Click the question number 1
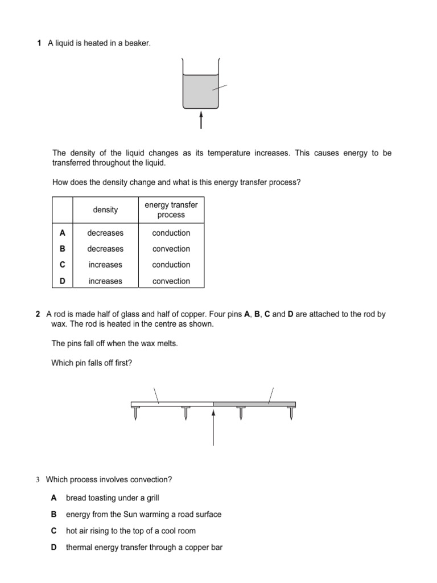(x=39, y=43)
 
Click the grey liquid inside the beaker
(x=200, y=91)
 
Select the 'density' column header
(x=105, y=210)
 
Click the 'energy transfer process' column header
(x=171, y=210)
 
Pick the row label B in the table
(x=63, y=249)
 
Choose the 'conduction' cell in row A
(x=171, y=233)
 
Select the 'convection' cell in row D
(x=171, y=281)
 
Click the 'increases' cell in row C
(x=105, y=265)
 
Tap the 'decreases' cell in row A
(x=105, y=233)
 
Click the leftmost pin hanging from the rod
(x=135, y=414)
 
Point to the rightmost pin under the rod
(x=291, y=414)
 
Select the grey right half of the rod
(x=254, y=404)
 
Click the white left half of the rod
(x=172, y=404)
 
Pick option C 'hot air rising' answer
(x=130, y=531)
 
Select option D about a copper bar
(x=144, y=547)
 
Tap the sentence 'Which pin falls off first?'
(x=92, y=363)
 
